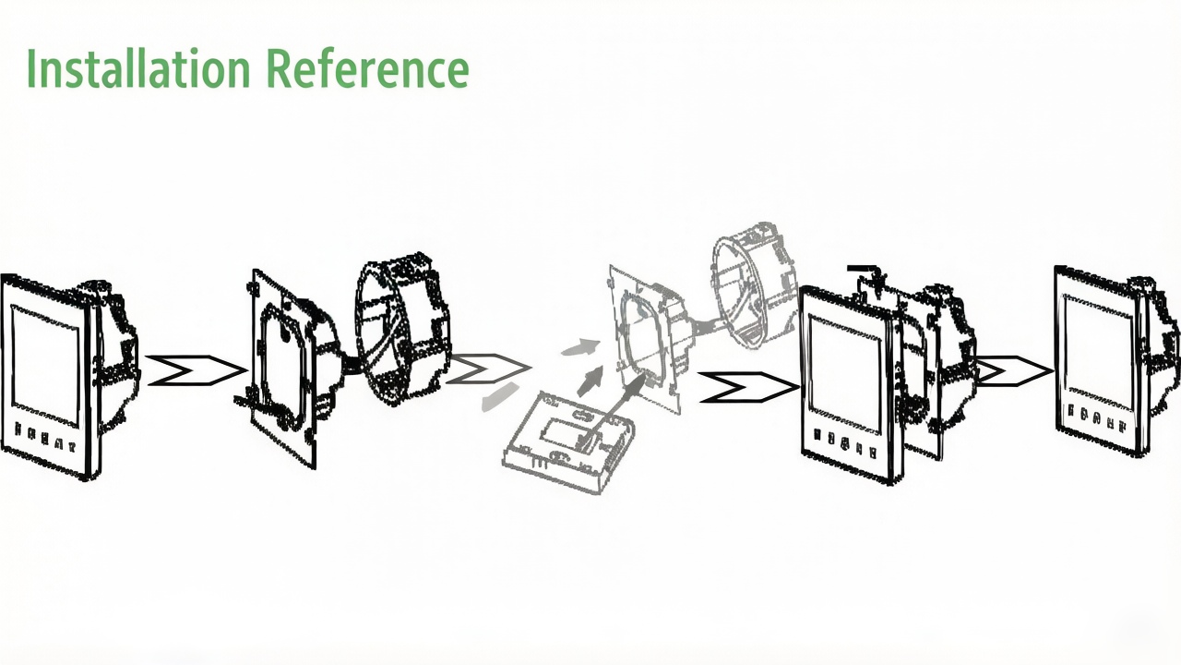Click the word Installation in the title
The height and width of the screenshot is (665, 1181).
click(x=138, y=68)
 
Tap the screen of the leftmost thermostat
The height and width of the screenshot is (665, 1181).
click(x=45, y=360)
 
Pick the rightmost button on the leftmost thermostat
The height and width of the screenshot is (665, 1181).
click(x=71, y=446)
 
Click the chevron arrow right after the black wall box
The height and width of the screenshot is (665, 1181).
click(x=488, y=368)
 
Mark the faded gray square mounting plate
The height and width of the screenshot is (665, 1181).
click(x=647, y=338)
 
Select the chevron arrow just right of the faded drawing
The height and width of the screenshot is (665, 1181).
click(x=748, y=387)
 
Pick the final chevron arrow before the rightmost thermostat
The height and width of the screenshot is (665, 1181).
click(x=1015, y=371)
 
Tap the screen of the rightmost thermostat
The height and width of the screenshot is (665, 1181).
click(x=1098, y=351)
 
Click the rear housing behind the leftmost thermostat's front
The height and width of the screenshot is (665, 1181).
click(x=113, y=359)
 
